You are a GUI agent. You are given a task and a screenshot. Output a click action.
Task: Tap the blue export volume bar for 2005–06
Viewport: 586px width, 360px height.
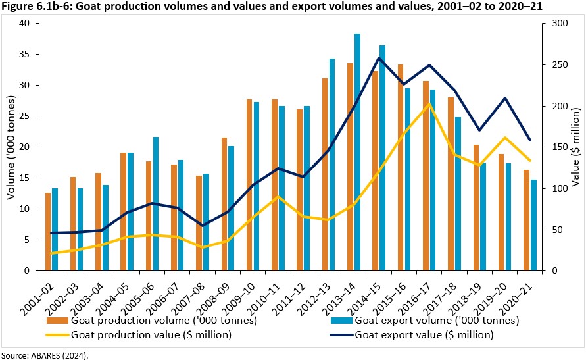(155, 204)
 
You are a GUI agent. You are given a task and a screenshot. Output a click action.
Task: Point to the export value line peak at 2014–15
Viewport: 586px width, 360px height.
(379, 57)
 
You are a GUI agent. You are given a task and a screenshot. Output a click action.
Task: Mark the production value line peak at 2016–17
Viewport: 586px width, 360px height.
(429, 103)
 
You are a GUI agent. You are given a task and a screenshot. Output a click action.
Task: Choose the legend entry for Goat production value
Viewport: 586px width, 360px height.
(151, 334)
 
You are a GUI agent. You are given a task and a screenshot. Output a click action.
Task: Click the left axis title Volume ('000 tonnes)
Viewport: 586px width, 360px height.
(10, 147)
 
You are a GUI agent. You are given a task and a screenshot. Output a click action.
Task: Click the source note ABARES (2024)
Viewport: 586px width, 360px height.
(45, 355)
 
